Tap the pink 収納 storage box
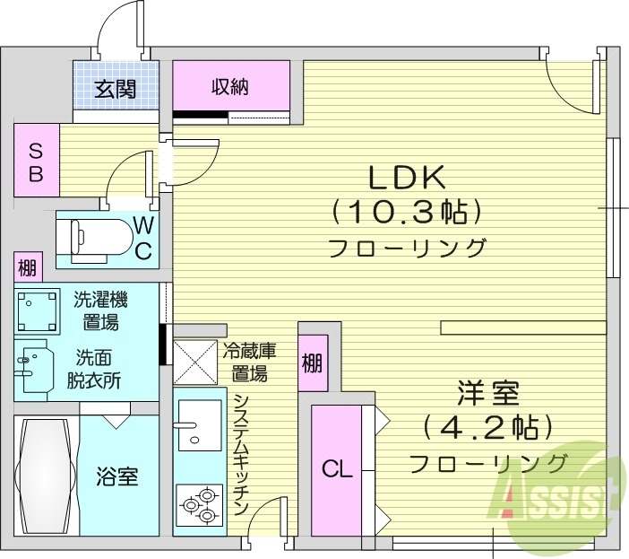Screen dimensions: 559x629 (x=231, y=86)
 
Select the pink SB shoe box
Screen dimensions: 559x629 (x=36, y=162)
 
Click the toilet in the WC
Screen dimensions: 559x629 (x=90, y=238)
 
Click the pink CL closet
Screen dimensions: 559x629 (x=337, y=468)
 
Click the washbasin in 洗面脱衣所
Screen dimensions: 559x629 (x=34, y=367)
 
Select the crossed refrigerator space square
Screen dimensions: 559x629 (x=195, y=362)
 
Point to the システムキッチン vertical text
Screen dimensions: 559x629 (x=240, y=453)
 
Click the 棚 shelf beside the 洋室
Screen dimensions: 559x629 (x=312, y=363)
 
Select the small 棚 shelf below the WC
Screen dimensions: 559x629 (x=28, y=266)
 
